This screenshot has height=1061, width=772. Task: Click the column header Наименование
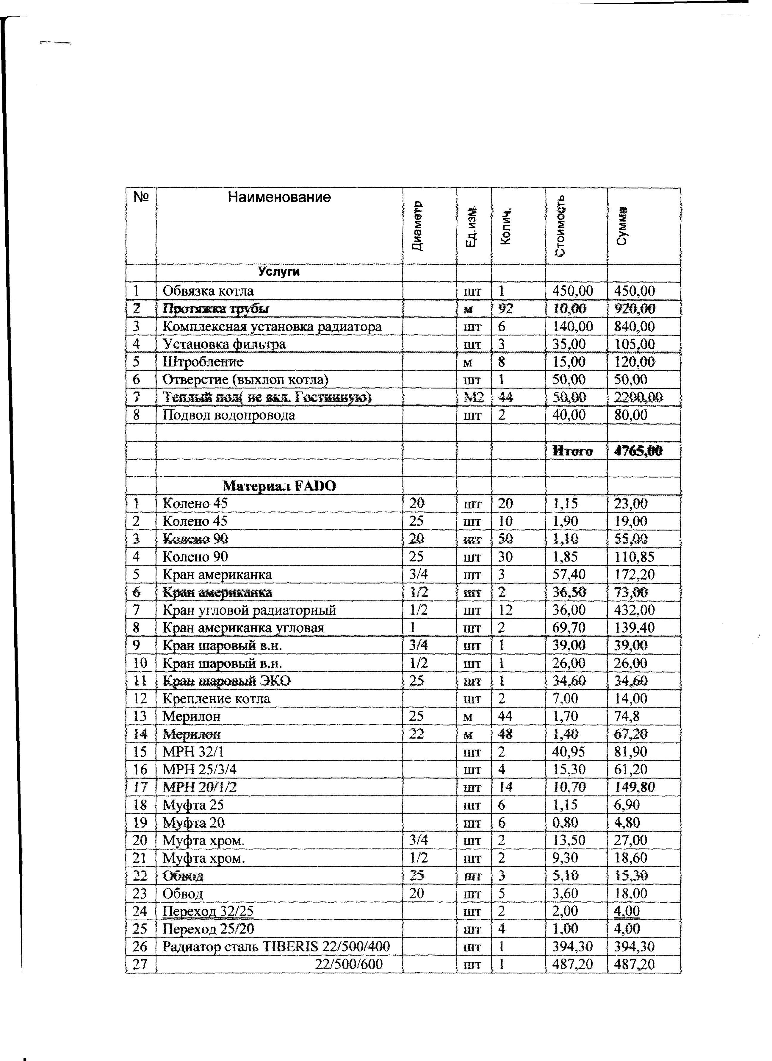point(279,197)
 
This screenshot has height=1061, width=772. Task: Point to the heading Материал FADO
point(279,486)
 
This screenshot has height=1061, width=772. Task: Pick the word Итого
point(572,451)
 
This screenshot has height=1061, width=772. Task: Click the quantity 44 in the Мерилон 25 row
point(505,717)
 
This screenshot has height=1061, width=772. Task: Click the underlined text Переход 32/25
point(208,912)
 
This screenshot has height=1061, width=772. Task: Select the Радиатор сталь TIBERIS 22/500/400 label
point(276,947)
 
